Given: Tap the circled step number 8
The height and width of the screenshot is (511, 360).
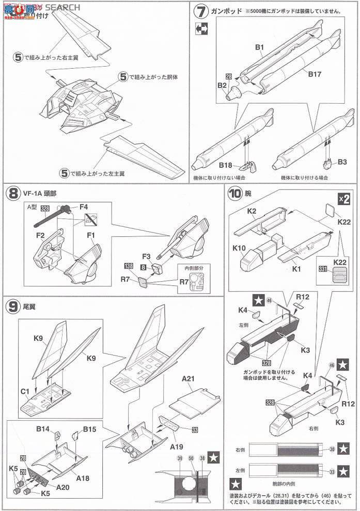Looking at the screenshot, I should coord(12,194).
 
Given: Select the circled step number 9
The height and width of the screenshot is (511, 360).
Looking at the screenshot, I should coord(12,305).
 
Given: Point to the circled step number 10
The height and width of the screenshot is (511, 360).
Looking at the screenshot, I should coord(234,194).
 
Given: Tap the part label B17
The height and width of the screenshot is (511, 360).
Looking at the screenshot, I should coord(315,74).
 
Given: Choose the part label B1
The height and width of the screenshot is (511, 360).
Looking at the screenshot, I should coord(259,49).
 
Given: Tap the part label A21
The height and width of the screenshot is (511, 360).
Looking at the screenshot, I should coord(188,379).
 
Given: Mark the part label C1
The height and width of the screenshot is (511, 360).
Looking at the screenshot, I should coord(24,391).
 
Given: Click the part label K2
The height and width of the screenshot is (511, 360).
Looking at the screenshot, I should coord(252,212).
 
